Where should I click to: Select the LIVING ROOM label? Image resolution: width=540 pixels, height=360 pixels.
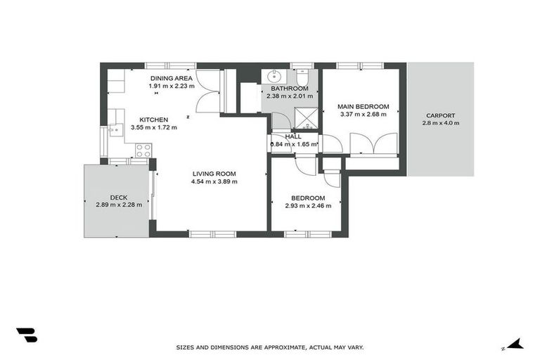(x=214, y=174)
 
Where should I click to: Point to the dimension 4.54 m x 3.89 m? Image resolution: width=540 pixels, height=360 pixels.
(x=214, y=181)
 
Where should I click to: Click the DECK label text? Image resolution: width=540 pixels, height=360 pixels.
(x=119, y=198)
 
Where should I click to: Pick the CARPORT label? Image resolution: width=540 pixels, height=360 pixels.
(x=440, y=115)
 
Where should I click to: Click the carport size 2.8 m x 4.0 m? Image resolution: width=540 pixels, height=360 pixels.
(x=440, y=123)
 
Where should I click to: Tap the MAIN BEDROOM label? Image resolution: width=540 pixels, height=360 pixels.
(x=363, y=107)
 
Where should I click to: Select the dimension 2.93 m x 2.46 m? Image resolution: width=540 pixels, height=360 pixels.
(x=308, y=205)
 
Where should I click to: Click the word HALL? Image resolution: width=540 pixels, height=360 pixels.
(x=293, y=136)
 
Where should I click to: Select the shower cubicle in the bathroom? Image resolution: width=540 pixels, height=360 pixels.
(x=306, y=117)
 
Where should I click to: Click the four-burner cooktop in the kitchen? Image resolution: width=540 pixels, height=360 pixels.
(x=143, y=150)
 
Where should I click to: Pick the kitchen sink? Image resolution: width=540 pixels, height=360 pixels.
(x=115, y=130)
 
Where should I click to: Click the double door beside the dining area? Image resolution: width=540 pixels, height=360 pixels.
(x=207, y=91)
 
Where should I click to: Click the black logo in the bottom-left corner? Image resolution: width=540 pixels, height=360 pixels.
(x=27, y=335)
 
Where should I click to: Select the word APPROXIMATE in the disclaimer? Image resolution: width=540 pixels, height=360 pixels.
(x=276, y=347)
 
